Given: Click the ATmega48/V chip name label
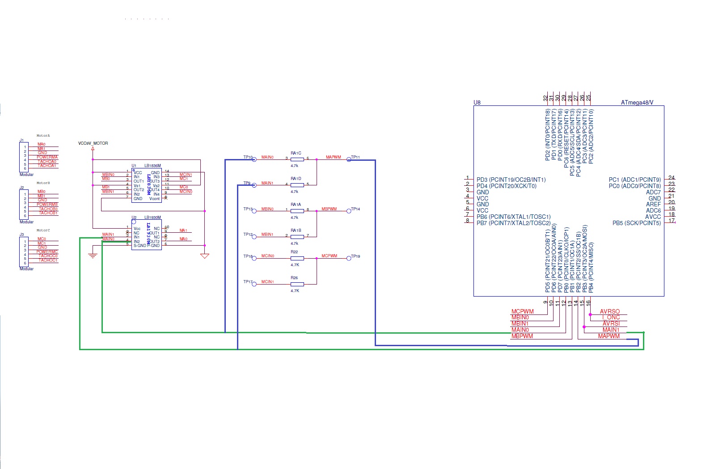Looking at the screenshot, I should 637,102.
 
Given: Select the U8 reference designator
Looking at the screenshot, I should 477,102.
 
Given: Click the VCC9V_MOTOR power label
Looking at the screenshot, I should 93,143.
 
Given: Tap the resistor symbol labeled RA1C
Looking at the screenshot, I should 297,159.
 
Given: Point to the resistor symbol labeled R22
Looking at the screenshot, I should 297,258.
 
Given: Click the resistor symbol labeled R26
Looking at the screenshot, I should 297,284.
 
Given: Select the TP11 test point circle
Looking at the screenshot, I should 349,159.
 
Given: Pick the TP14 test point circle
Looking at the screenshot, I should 349,211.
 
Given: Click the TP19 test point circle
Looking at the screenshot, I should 349,258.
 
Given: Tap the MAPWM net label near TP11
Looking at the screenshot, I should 333,157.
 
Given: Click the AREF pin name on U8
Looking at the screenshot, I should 653,205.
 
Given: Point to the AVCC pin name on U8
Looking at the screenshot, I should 653,217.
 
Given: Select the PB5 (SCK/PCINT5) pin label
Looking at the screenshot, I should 636,223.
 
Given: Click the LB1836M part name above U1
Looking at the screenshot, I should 152,166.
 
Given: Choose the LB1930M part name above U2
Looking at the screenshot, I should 152,218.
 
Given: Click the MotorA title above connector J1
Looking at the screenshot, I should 43,136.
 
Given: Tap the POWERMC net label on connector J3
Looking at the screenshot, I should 47,252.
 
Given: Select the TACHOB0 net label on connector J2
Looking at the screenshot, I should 48,209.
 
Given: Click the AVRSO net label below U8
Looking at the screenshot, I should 610,312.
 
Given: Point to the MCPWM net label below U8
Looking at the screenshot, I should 523,312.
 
